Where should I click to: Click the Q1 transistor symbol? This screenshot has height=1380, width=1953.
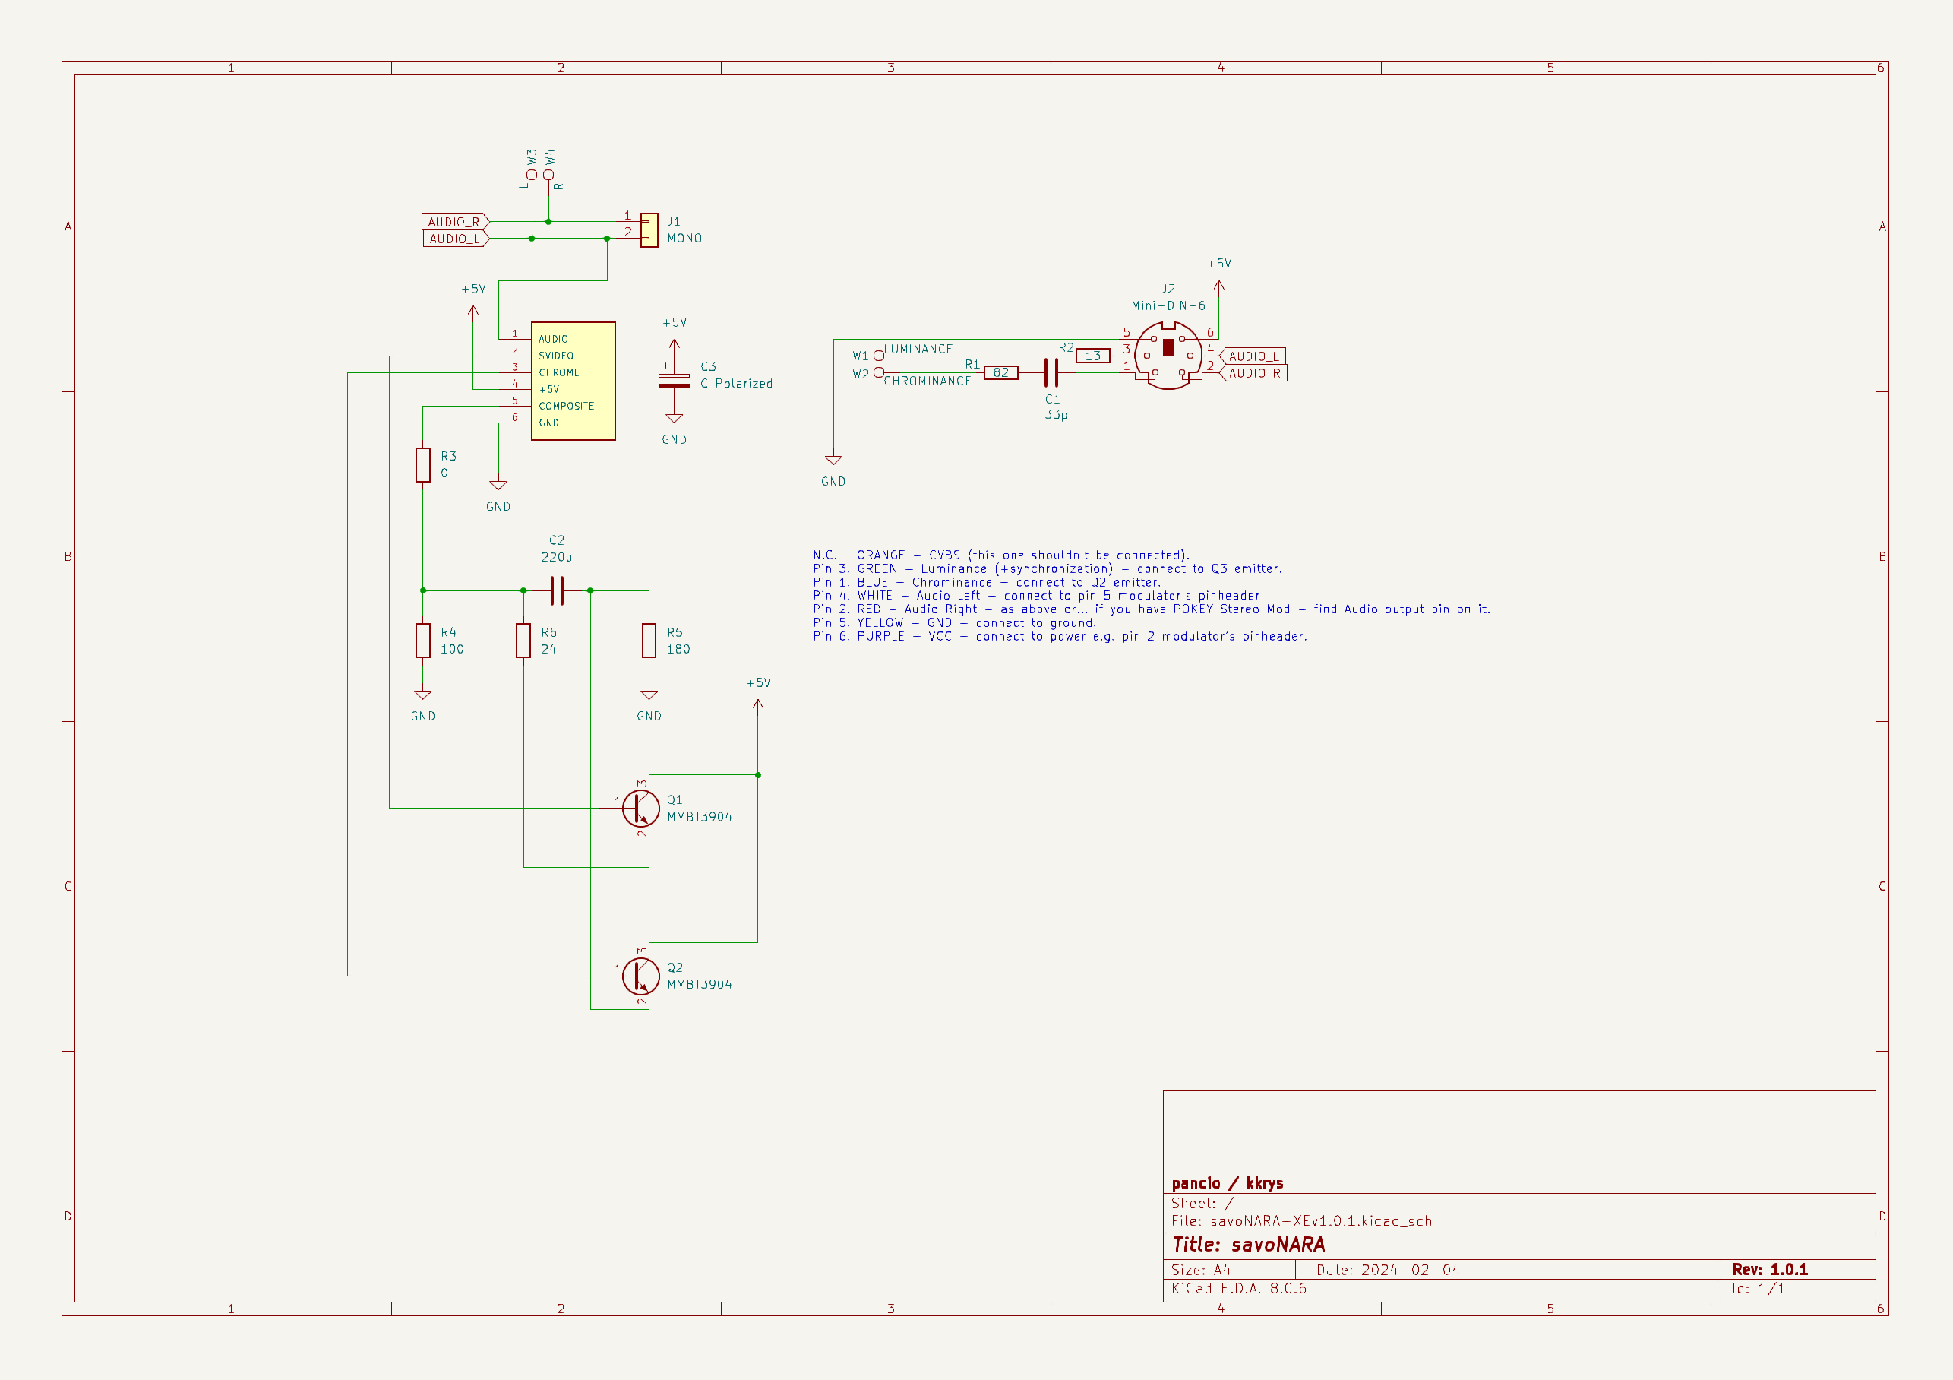(x=640, y=809)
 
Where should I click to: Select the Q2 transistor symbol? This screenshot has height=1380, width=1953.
(x=640, y=976)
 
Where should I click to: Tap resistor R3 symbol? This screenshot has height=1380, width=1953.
(x=423, y=465)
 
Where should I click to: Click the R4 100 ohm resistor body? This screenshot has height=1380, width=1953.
(x=423, y=641)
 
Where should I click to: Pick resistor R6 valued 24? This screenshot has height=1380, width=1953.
(x=523, y=641)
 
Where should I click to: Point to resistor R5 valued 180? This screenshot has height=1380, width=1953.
(x=649, y=641)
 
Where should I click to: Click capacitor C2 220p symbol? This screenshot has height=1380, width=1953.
(x=557, y=590)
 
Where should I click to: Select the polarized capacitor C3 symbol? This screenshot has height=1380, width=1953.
(x=674, y=380)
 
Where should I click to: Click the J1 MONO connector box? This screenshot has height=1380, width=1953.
(x=649, y=229)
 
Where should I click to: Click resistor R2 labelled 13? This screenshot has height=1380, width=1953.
(x=1092, y=356)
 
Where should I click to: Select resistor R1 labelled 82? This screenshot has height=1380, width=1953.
(x=1000, y=372)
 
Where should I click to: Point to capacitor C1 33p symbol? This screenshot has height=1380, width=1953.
(x=1051, y=372)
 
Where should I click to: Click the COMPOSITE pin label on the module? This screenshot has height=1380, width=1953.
(x=566, y=406)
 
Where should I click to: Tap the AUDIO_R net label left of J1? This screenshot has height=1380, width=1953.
(x=454, y=222)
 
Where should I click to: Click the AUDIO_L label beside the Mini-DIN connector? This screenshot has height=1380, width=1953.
(x=1253, y=356)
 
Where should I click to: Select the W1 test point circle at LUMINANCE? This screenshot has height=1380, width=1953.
(x=879, y=356)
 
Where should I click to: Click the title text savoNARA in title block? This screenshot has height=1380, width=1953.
(x=1278, y=1245)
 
